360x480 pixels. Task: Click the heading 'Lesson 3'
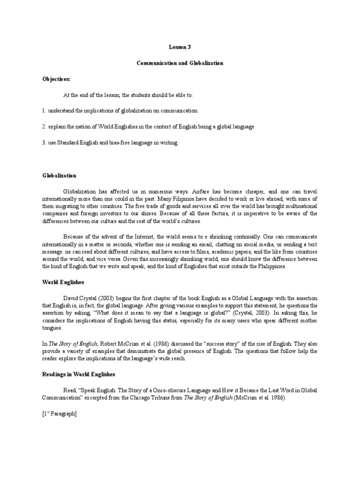180,47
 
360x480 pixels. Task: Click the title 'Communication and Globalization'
180,63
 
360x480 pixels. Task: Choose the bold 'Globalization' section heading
59,175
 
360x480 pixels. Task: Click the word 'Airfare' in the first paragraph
202,191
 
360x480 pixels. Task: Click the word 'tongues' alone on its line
52,329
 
